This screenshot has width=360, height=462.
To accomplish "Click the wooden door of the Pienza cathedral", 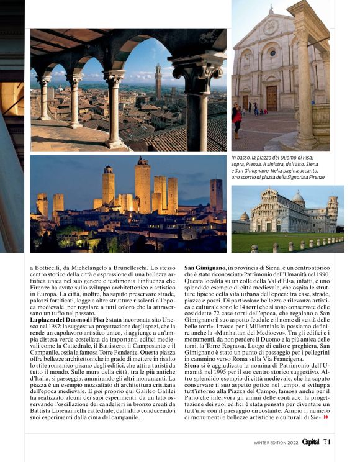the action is click(271, 98).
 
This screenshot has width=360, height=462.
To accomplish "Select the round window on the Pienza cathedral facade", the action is click(272, 52).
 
